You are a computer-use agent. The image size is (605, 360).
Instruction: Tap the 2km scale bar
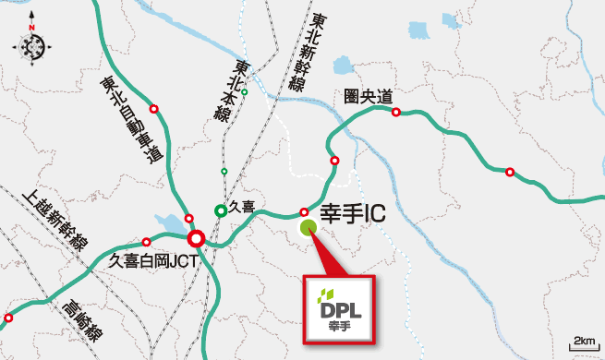[x=584, y=342]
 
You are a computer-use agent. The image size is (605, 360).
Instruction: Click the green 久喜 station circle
[x=220, y=210]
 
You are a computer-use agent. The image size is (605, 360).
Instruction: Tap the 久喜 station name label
[x=242, y=210]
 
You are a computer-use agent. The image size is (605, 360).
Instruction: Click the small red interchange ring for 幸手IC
[x=304, y=211]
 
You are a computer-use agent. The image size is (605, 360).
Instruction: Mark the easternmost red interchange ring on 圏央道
[x=509, y=172]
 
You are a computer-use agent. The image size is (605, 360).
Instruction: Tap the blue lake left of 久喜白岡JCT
[x=172, y=224]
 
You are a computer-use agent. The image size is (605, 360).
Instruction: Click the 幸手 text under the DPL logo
[x=341, y=324]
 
